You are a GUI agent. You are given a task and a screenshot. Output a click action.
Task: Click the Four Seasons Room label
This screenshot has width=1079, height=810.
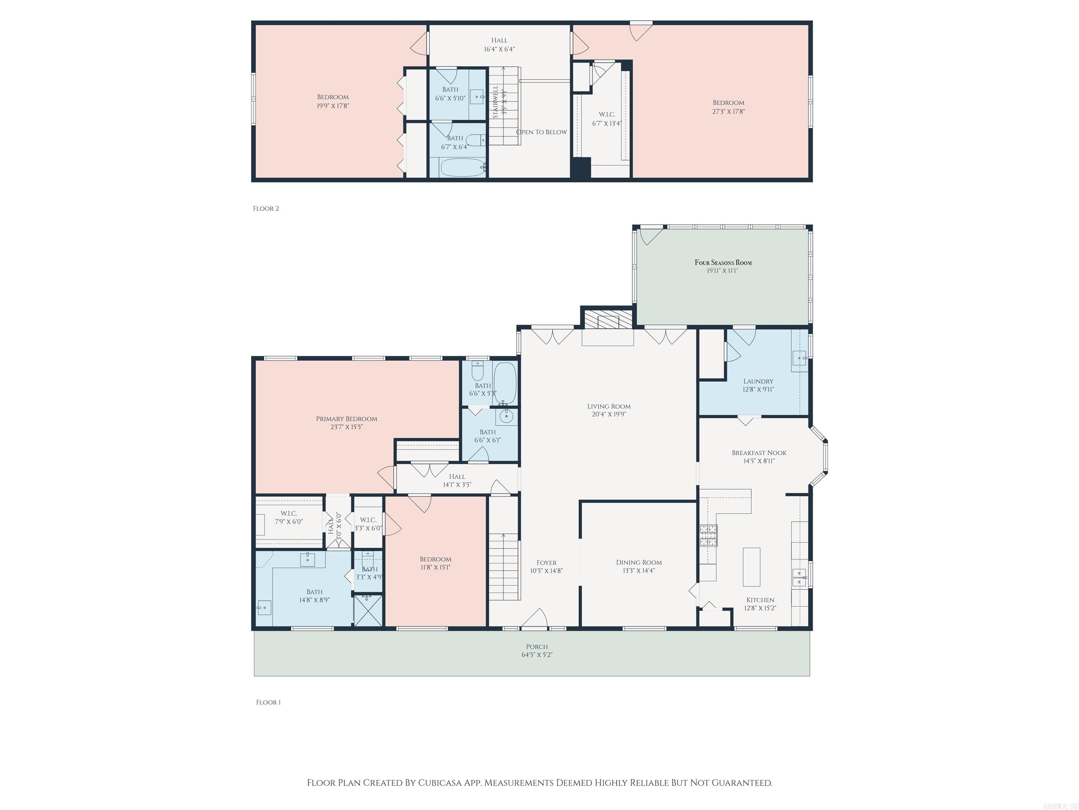(723, 262)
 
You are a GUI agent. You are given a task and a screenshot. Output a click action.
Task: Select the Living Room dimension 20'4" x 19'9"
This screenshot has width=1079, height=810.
(608, 414)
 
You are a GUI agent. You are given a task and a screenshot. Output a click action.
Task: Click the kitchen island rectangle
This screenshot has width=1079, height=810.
(751, 567)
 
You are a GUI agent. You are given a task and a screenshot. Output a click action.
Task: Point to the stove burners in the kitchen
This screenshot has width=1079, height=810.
(708, 535)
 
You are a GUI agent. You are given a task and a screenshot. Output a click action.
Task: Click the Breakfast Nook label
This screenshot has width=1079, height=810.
(759, 452)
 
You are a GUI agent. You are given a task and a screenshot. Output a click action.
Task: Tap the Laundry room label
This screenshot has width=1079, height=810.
(758, 381)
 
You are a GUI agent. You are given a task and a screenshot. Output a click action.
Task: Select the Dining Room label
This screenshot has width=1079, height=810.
(639, 562)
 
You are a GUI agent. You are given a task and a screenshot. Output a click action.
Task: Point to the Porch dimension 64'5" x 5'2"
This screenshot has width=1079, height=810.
(537, 655)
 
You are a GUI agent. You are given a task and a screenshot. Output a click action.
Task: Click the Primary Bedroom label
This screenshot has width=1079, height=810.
(346, 418)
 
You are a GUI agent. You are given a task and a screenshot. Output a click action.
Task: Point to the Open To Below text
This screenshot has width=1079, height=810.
(542, 132)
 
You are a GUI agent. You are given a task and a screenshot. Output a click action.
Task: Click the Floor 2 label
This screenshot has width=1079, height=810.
(266, 208)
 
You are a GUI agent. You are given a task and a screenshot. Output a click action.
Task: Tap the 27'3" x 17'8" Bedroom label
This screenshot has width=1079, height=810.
(728, 107)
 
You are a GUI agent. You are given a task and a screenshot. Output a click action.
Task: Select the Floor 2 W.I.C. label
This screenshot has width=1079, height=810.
(607, 115)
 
